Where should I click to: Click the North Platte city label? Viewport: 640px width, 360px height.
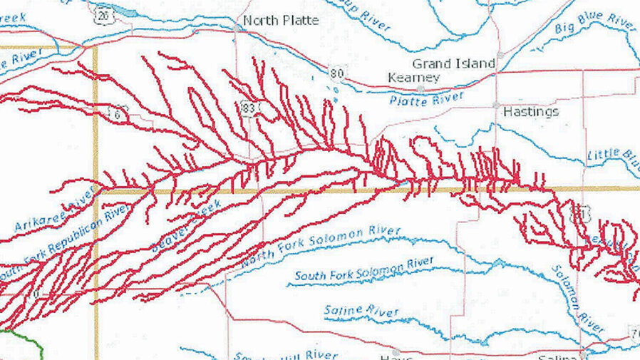pyautogui.click(x=281, y=21)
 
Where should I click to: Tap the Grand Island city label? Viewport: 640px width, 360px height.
pyautogui.click(x=453, y=63)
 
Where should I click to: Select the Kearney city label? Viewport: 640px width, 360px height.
pyautogui.click(x=413, y=77)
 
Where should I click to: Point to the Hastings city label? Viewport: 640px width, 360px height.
pyautogui.click(x=531, y=112)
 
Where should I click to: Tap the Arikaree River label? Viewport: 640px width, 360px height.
pyautogui.click(x=54, y=212)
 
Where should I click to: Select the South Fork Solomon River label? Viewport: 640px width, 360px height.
pyautogui.click(x=363, y=269)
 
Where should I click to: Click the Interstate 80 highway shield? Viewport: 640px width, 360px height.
pyautogui.click(x=337, y=72)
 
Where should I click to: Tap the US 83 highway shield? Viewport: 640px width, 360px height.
pyautogui.click(x=249, y=108)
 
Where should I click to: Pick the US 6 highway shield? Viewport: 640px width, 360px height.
pyautogui.click(x=115, y=112)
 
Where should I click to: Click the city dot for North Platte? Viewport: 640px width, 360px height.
pyautogui.click(x=237, y=27)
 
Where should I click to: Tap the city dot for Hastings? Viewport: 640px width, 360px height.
pyautogui.click(x=497, y=105)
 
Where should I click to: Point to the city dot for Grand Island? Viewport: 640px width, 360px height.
pyautogui.click(x=500, y=55)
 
